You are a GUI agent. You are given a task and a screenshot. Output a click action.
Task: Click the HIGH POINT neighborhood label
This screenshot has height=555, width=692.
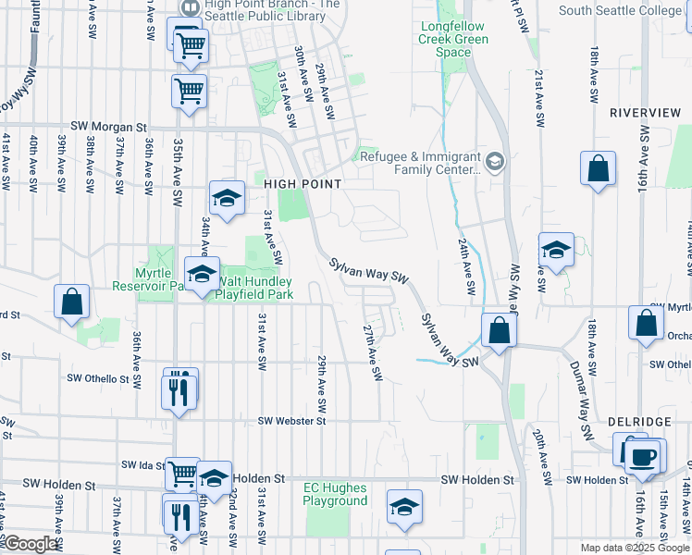[303, 184]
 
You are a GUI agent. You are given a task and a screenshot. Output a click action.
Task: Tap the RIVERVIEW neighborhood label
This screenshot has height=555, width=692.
[645, 113]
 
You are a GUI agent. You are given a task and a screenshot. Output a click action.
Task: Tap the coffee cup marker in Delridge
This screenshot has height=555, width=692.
[645, 456]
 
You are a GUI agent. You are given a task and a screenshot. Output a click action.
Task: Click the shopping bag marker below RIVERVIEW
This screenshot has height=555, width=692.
[599, 169]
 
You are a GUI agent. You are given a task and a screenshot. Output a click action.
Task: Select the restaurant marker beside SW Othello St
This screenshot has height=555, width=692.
[179, 389]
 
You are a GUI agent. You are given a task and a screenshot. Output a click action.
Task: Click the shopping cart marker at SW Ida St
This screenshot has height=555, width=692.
[183, 473]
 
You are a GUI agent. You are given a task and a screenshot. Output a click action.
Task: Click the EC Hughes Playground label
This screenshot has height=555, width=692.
[336, 494]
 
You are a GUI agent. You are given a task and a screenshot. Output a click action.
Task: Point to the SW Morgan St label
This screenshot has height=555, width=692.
[109, 128]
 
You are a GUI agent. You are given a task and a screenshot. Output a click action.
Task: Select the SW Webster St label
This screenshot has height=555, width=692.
[292, 421]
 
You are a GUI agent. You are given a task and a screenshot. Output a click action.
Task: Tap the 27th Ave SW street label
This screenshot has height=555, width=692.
[372, 352]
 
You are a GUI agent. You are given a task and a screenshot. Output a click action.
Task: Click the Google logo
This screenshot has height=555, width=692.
[31, 544]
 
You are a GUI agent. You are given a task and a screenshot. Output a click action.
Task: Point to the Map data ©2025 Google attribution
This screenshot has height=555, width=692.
[634, 547]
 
